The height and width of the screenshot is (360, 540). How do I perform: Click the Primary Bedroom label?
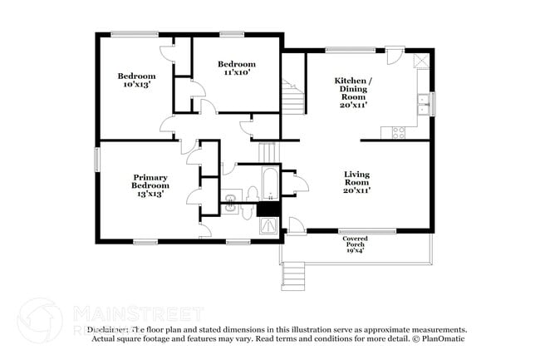click(150, 185)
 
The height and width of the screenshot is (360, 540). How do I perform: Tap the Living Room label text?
click(357, 182)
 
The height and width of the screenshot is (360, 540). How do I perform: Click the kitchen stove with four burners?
click(398, 131)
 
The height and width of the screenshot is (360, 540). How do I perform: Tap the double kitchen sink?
click(424, 105)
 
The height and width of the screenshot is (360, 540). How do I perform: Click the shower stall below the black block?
click(268, 225)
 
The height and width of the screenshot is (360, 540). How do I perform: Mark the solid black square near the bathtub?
click(268, 209)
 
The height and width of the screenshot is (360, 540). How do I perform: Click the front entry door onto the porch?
click(297, 225)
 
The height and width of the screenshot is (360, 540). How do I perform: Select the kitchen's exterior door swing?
click(394, 57)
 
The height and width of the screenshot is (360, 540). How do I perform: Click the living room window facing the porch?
click(361, 231)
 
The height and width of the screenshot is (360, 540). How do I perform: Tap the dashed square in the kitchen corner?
click(420, 60)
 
